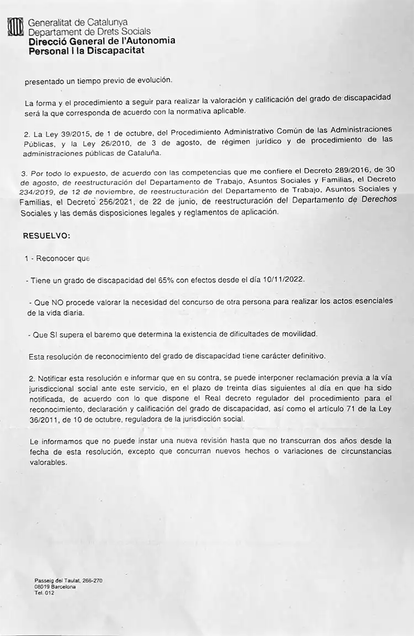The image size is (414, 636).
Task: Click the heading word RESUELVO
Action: pos(46,235)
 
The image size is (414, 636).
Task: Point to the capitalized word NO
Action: pos(58,302)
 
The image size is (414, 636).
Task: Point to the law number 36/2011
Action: pos(41,421)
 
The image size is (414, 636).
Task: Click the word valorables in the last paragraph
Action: pos(49,462)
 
